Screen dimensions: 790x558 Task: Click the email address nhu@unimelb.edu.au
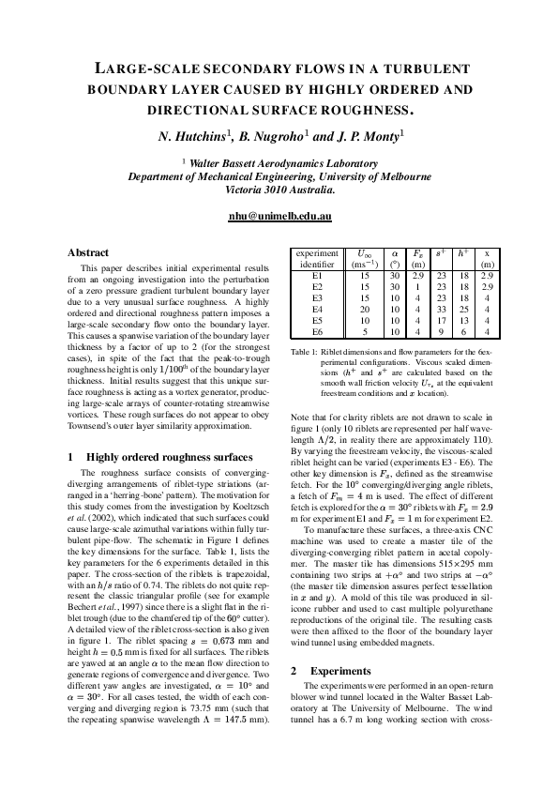click(x=279, y=216)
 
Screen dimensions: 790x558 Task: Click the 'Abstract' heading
click(x=88, y=253)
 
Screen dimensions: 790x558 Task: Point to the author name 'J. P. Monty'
click(x=368, y=136)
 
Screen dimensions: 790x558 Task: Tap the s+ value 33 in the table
click(x=441, y=309)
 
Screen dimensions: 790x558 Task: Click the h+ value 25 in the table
click(x=462, y=309)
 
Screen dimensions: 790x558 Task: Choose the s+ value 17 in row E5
click(x=441, y=320)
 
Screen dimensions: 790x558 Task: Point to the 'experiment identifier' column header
click(x=316, y=259)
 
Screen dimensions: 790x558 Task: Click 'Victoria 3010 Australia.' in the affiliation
click(x=279, y=189)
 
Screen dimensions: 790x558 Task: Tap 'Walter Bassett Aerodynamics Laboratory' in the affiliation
click(x=283, y=162)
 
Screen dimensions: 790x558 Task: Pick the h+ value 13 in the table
click(x=462, y=320)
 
